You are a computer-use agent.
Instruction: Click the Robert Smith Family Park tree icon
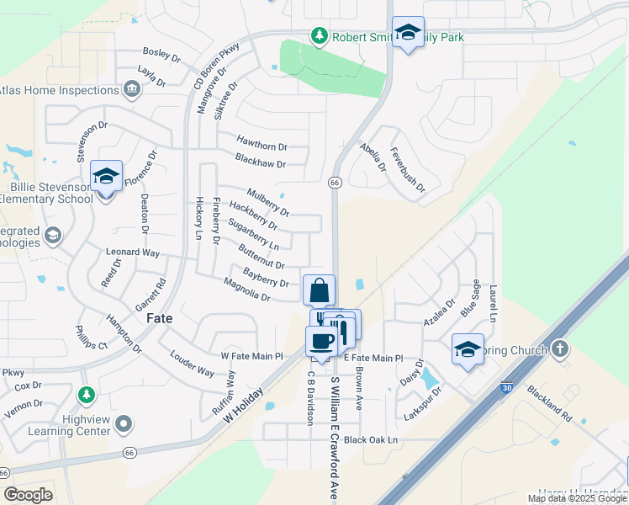pos(319,36)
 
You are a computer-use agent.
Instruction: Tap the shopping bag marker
pos(319,291)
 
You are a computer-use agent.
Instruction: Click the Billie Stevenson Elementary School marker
pos(106,177)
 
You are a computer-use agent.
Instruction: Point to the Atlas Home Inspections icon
pos(131,90)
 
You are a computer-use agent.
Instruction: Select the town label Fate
pos(160,319)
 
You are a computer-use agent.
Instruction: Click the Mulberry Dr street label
pos(268,201)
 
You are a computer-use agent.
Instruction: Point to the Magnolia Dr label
pos(246,292)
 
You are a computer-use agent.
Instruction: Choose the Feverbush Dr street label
pos(407,174)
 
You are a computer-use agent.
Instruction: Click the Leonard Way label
pos(132,252)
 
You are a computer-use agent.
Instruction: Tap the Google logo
pos(28,495)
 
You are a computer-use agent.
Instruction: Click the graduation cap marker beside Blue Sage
pos(468,349)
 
